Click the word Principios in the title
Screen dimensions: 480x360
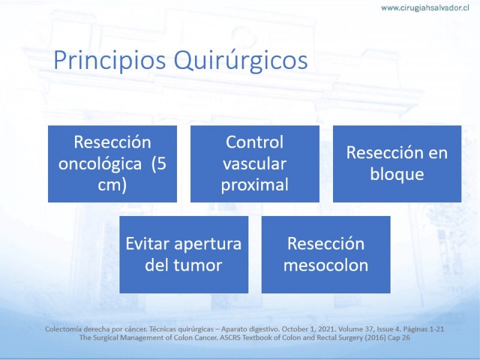(x=110, y=61)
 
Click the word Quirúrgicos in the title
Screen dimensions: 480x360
(x=241, y=61)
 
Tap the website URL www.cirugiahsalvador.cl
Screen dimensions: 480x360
(x=425, y=8)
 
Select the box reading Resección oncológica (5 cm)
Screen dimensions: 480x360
(x=112, y=164)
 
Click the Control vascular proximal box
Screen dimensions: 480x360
(x=254, y=164)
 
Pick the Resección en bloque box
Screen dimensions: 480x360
(x=397, y=164)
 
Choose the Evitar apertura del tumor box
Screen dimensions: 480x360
(x=184, y=254)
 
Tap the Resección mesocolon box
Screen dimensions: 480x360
(x=326, y=254)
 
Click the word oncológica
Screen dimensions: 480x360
(x=100, y=164)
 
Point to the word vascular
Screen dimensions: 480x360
(x=254, y=164)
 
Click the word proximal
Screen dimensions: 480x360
(x=254, y=185)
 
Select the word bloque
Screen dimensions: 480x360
(x=397, y=175)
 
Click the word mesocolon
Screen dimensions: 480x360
(x=326, y=265)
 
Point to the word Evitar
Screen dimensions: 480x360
(x=148, y=244)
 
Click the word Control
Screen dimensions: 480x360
(x=254, y=142)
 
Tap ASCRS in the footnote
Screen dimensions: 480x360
(x=230, y=338)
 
